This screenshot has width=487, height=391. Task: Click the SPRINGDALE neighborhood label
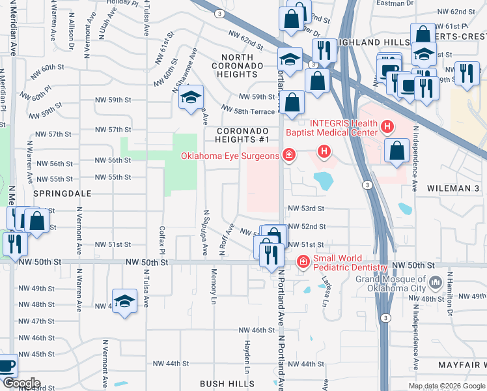pos(62,194)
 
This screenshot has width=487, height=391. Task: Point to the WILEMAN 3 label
pos(453,188)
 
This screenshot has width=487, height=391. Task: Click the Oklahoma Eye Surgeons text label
pos(230,154)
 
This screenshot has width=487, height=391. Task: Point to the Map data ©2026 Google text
pos(447,386)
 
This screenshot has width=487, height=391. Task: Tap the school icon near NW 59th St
pos(190,98)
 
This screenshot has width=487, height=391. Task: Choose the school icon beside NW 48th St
pos(124,301)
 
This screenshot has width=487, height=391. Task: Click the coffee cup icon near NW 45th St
pos(7,366)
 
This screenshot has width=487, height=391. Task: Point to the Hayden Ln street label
pos(247,353)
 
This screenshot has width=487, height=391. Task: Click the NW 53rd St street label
pos(306,209)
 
